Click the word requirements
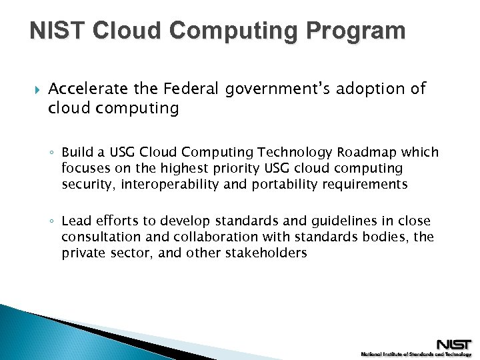365,185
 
